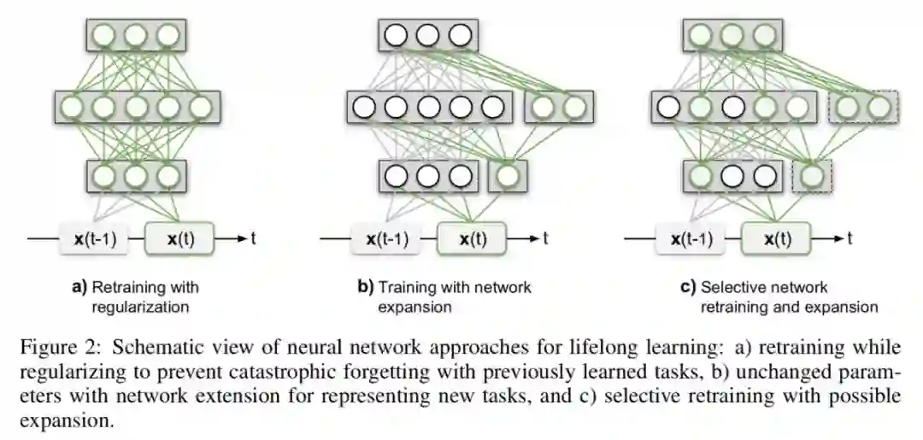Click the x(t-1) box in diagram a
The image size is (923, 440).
[x=95, y=238]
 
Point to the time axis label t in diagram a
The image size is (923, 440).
[x=253, y=238]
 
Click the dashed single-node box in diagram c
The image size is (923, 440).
[x=812, y=177]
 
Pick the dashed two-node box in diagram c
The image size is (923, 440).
[x=865, y=108]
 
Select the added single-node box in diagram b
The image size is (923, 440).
[x=508, y=177]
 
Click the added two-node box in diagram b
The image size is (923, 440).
[x=560, y=108]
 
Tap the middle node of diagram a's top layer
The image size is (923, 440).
[x=135, y=35]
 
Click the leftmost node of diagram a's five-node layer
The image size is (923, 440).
[x=71, y=108]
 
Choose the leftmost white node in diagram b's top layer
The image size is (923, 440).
[x=396, y=35]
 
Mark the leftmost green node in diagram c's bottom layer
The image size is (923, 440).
[x=700, y=177]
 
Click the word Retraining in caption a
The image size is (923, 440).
[x=127, y=287]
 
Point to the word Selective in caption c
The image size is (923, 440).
[x=732, y=287]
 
